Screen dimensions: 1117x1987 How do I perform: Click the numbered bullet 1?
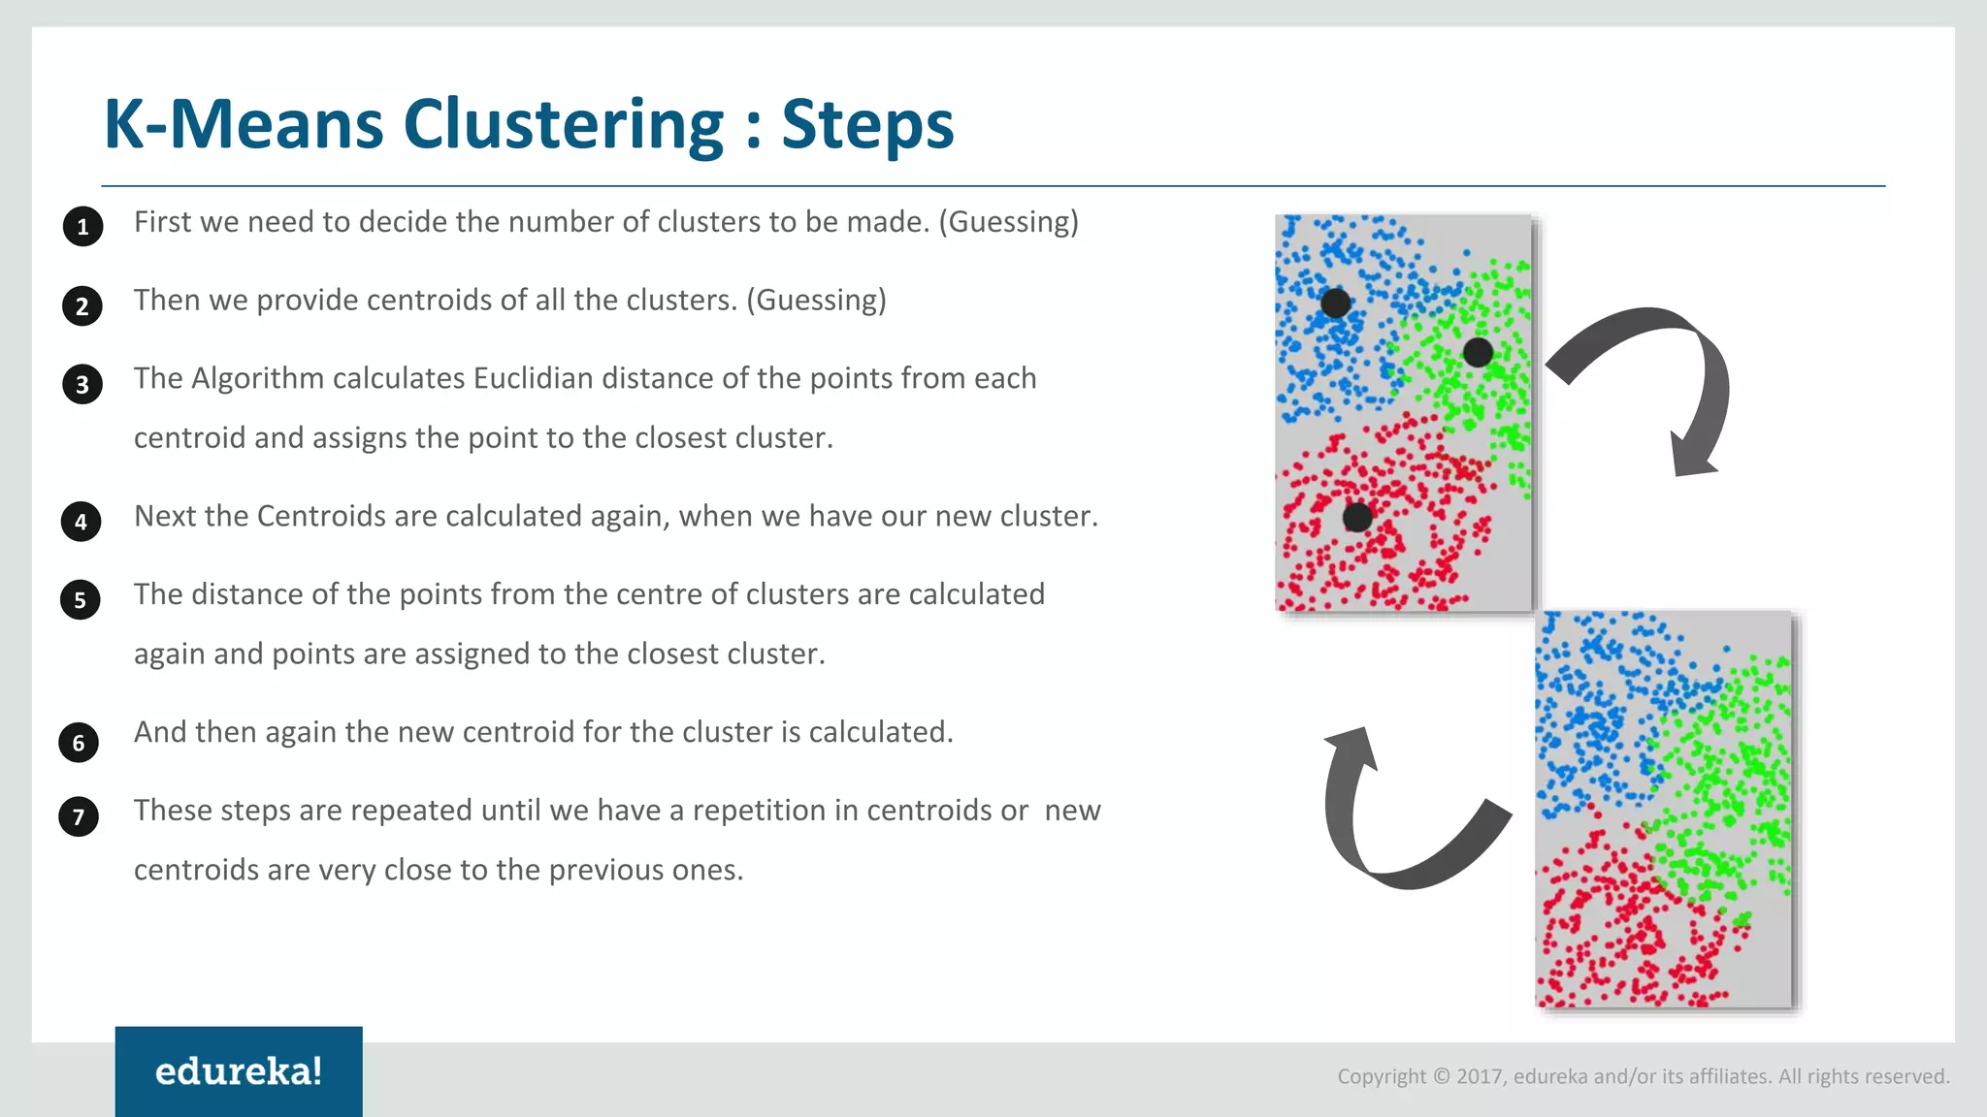(x=82, y=227)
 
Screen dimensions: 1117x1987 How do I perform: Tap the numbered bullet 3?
(x=82, y=385)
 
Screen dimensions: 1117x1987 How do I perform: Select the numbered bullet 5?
(x=81, y=600)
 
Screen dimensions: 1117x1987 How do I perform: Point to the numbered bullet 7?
(x=79, y=816)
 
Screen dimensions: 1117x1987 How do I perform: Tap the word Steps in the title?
(x=867, y=124)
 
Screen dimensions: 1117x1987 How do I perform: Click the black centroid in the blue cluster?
(x=1336, y=303)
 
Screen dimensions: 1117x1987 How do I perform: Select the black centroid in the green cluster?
(x=1478, y=352)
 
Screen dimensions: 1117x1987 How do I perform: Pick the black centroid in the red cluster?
(x=1357, y=517)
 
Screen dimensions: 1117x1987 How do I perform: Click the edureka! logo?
(x=239, y=1071)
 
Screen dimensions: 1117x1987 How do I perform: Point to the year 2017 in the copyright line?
(x=1479, y=1076)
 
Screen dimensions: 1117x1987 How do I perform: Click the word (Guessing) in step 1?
(x=1008, y=222)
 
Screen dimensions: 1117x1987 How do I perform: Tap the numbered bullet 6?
(x=79, y=743)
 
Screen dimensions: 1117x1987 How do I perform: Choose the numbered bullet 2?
(x=82, y=306)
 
